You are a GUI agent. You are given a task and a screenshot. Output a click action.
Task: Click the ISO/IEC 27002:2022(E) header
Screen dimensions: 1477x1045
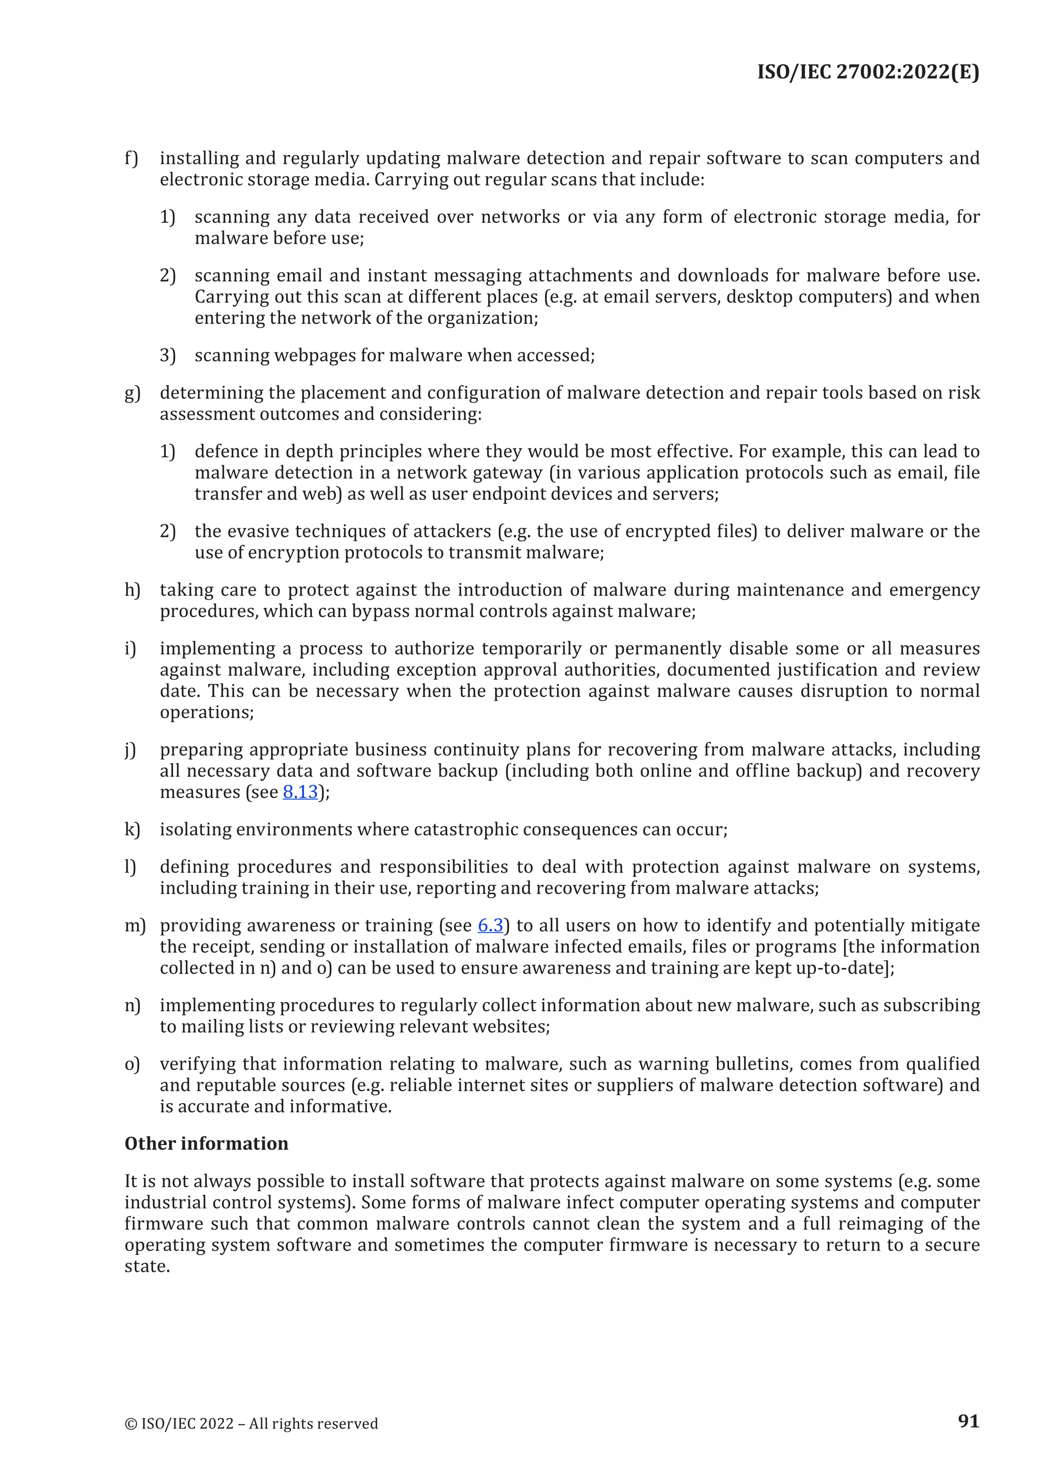[867, 71]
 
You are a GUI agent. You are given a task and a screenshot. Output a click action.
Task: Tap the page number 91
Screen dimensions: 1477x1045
[968, 1420]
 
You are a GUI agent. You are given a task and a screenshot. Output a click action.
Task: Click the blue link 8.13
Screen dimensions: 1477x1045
[301, 792]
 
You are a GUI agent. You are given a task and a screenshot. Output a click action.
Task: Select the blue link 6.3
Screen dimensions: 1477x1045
[490, 925]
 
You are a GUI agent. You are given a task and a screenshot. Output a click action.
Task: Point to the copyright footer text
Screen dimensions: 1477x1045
[251, 1423]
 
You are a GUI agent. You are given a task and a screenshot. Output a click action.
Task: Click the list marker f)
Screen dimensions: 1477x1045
[131, 158]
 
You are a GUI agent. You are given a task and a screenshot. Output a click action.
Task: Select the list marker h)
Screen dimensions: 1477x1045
[132, 590]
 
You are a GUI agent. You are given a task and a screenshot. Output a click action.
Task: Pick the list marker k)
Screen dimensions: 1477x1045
[132, 829]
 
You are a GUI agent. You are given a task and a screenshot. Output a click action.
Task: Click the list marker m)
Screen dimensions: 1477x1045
[135, 925]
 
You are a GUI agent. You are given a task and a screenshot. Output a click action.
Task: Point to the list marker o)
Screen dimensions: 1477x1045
[132, 1063]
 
